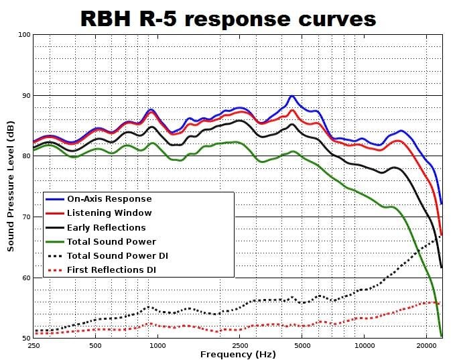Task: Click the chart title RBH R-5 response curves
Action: click(x=229, y=18)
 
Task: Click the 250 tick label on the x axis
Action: click(x=34, y=346)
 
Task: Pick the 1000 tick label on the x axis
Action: click(x=157, y=346)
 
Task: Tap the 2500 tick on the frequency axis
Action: click(x=240, y=346)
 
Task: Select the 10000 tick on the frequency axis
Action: click(x=364, y=346)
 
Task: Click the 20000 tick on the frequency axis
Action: click(x=426, y=346)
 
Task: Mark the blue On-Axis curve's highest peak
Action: click(x=292, y=97)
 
